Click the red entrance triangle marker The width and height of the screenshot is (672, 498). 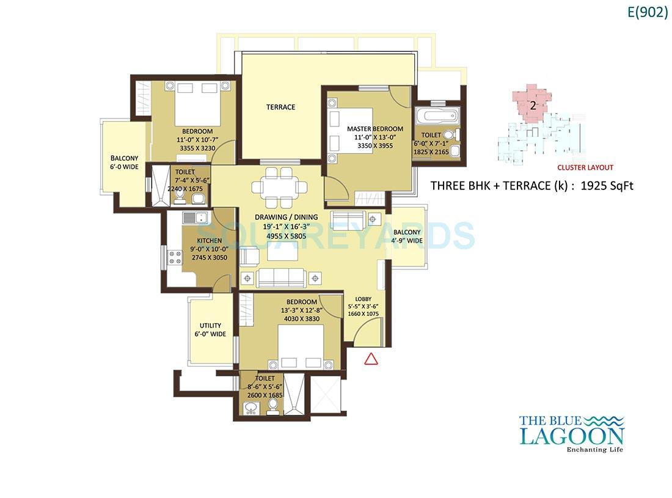tap(370, 359)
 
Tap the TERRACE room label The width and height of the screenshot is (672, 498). tap(280, 107)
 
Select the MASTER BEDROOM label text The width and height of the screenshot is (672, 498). tap(375, 129)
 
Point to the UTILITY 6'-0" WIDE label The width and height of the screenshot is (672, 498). tap(210, 330)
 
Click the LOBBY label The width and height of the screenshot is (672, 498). tap(363, 299)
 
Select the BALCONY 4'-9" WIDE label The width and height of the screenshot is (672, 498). tap(407, 236)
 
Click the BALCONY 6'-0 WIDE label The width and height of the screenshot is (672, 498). tap(125, 163)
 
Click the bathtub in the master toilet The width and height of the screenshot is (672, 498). tap(434, 115)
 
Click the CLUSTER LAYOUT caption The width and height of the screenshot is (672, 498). tap(585, 167)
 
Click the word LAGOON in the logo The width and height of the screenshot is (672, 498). tap(571, 436)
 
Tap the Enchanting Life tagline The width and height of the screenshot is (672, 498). tap(594, 451)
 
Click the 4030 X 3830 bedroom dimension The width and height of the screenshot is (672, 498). tap(301, 318)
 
